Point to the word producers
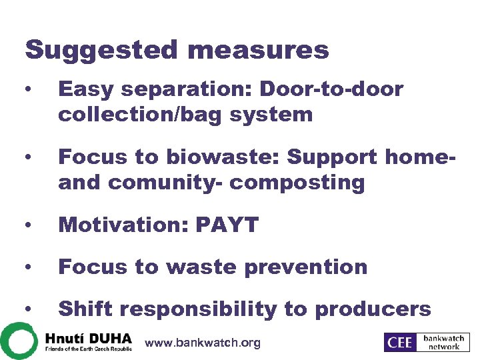pyautogui.click(x=373, y=309)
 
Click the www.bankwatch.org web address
pyautogui.click(x=203, y=343)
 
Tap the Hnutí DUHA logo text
pyautogui.click(x=89, y=337)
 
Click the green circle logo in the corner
pyautogui.click(x=17, y=340)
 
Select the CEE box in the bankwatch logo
pyautogui.click(x=399, y=342)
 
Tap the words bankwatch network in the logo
pyautogui.click(x=443, y=342)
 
